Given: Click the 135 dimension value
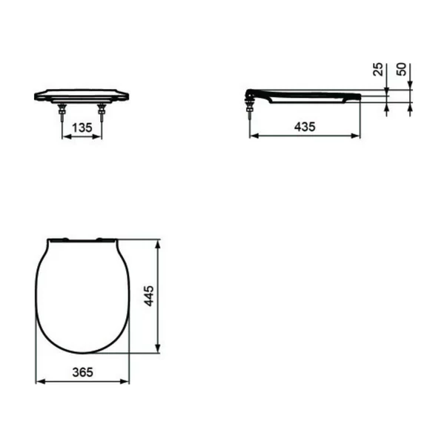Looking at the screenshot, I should tap(82, 128).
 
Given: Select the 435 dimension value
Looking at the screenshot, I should tap(304, 127).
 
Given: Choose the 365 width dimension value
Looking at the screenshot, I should tap(83, 373).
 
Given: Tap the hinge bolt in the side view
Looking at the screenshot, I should tap(250, 111).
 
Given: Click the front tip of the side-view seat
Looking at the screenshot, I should tap(360, 96).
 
